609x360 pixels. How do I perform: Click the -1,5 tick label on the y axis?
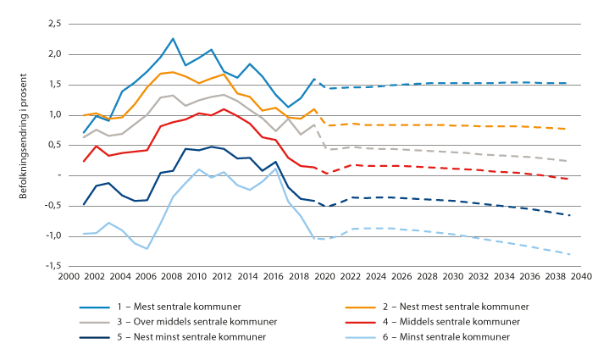[51, 265]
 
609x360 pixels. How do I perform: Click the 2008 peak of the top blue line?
[173, 38]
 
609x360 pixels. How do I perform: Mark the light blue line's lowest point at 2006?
[147, 248]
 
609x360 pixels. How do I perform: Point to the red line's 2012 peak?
[224, 108]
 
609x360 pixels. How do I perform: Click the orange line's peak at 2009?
[172, 72]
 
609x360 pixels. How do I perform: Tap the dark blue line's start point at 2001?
[83, 204]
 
